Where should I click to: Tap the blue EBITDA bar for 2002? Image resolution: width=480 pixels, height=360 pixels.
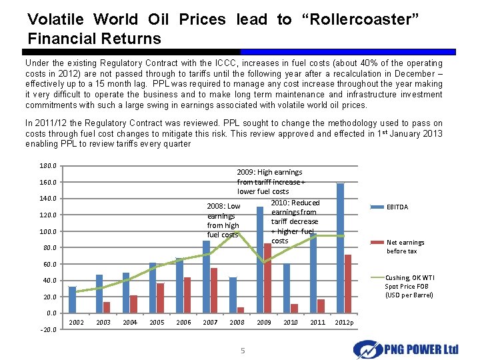click(x=72, y=299)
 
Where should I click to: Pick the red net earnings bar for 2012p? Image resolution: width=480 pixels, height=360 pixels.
click(x=348, y=284)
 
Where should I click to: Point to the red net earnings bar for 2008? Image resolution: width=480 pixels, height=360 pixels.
click(x=241, y=310)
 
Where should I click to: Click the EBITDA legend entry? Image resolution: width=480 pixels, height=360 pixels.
click(x=397, y=207)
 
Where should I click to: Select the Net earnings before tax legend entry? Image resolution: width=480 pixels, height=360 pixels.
click(x=405, y=247)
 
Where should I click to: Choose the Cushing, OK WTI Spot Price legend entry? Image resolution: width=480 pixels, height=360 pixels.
click(x=408, y=287)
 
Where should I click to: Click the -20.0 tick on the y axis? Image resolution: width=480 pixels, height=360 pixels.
click(x=48, y=329)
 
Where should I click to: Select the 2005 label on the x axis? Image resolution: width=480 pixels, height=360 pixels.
click(x=157, y=323)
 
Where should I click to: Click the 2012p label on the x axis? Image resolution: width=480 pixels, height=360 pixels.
click(x=345, y=323)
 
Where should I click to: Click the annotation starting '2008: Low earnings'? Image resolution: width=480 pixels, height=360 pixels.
click(x=223, y=221)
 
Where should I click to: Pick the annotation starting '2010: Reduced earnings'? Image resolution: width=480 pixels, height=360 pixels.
click(x=295, y=221)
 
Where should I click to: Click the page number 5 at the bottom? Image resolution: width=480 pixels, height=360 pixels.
click(x=243, y=351)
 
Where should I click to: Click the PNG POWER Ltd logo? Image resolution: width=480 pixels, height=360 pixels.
click(x=406, y=348)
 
